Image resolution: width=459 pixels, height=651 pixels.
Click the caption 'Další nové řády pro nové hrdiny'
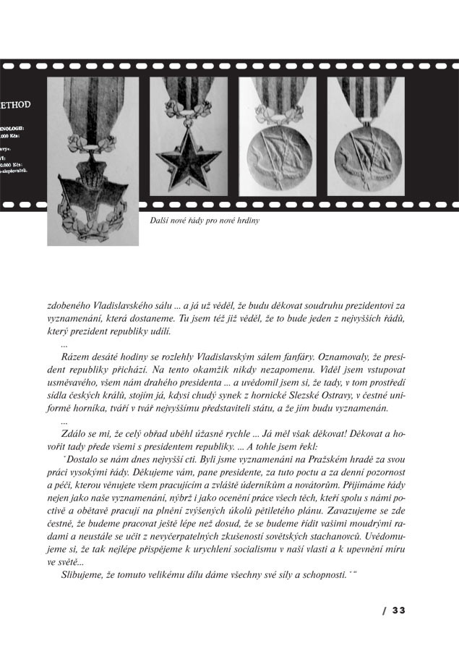205,221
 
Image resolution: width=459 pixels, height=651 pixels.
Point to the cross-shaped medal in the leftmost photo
92,176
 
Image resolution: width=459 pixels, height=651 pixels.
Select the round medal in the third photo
277,152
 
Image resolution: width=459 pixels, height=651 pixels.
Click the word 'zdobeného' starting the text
67,305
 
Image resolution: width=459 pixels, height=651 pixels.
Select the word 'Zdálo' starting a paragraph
76,434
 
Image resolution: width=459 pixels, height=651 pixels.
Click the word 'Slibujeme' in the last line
84,574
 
